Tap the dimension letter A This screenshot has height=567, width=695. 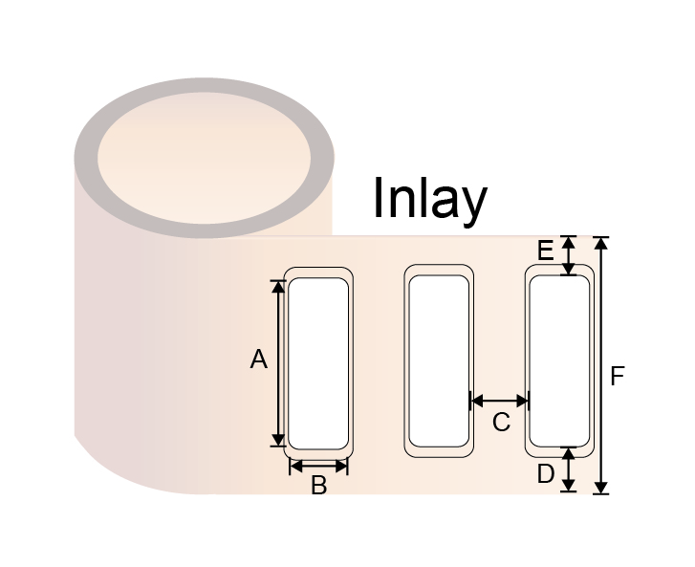[x=259, y=360]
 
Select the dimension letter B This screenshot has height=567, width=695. [x=318, y=485]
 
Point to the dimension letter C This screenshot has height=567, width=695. [x=501, y=422]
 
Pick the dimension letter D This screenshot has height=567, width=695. [x=546, y=473]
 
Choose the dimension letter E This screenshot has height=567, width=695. [x=545, y=251]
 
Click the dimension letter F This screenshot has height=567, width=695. [x=617, y=376]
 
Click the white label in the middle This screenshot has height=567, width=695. [x=439, y=360]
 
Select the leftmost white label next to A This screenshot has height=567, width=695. [x=318, y=363]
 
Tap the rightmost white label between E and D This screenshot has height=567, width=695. [x=559, y=360]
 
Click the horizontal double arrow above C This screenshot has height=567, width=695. [x=499, y=402]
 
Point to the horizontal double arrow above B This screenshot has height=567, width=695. [x=318, y=466]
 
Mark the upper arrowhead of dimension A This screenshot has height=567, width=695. [x=278, y=287]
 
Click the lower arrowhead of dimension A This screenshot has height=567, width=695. [x=278, y=440]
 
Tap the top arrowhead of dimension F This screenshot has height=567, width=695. [x=600, y=243]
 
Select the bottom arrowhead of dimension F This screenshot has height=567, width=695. [x=600, y=488]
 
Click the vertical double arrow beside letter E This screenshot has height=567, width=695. [x=569, y=255]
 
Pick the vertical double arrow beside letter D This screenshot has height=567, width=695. [x=569, y=469]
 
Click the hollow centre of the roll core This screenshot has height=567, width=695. [x=204, y=159]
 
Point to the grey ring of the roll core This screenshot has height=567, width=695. [x=85, y=159]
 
